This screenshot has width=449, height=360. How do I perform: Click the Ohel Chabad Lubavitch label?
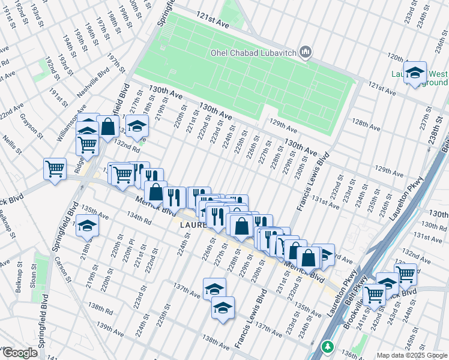pyautogui.click(x=253, y=52)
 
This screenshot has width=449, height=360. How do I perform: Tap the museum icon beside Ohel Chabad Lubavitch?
pyautogui.click(x=306, y=53)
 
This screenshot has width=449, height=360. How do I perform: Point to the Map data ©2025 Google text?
pyautogui.click(x=411, y=355)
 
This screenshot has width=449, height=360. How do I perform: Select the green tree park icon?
pyautogui.click(x=327, y=347)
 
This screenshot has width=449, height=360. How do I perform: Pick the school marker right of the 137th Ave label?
pyautogui.click(x=214, y=289)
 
